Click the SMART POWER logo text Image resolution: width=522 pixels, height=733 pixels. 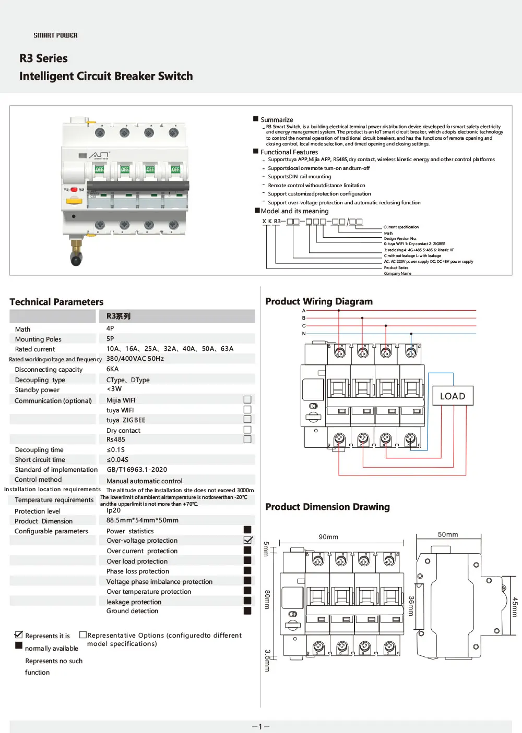[55, 35]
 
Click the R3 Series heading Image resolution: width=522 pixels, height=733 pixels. [43, 58]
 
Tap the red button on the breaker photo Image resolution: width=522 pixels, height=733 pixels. [74, 190]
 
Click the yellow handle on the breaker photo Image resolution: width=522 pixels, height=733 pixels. [74, 201]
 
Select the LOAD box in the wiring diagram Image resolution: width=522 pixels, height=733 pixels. [453, 396]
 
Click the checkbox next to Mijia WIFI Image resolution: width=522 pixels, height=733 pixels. [247, 400]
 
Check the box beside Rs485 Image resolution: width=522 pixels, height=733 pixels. [247, 439]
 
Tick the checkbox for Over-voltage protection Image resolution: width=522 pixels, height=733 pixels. [248, 540]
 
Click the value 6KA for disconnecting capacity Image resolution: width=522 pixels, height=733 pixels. [113, 369]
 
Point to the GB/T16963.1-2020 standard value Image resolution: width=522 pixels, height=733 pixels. [137, 470]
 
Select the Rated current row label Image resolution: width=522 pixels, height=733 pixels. [35, 349]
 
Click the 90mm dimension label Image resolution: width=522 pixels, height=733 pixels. [328, 537]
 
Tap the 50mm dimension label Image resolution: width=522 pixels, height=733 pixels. [448, 535]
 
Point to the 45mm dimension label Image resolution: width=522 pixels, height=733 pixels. [514, 607]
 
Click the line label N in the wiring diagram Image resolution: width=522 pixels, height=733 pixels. [304, 334]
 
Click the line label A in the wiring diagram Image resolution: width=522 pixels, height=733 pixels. [304, 311]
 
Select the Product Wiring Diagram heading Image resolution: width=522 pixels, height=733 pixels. [319, 301]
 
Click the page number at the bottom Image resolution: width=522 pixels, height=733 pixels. [260, 727]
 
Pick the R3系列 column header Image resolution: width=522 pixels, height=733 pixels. [118, 316]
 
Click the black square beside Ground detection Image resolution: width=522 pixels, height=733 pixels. [247, 610]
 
